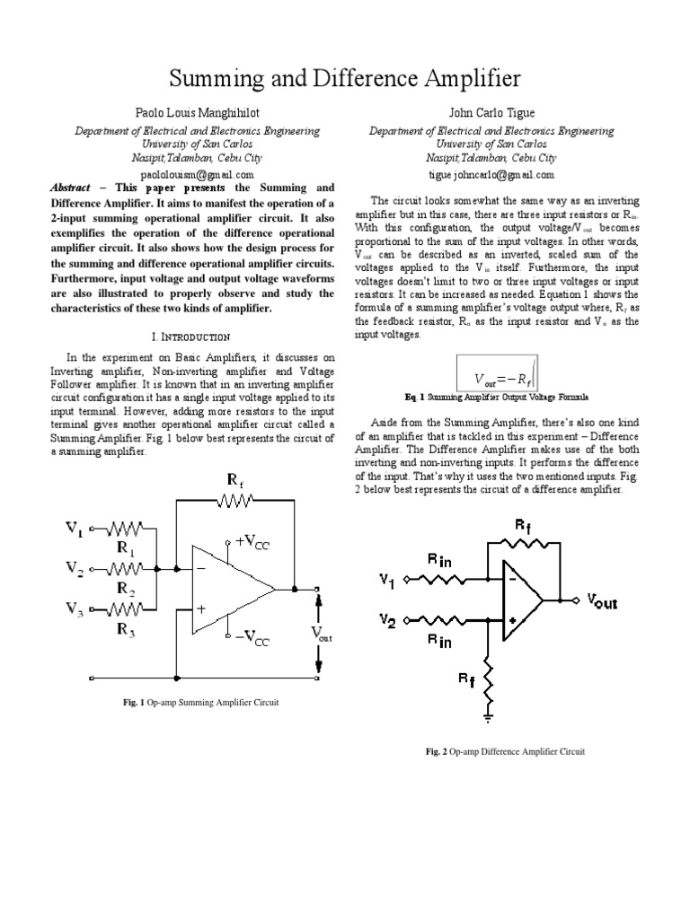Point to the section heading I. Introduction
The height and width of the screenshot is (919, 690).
[x=191, y=337]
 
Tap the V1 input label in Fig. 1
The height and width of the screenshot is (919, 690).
[x=74, y=529]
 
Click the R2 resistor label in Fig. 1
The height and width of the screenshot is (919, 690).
[x=125, y=588]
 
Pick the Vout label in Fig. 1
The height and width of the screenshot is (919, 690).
[x=321, y=634]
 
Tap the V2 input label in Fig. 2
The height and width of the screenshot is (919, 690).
[x=387, y=619]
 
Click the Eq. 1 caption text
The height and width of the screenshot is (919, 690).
[x=497, y=396]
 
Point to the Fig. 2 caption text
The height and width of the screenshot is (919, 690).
[x=505, y=751]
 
